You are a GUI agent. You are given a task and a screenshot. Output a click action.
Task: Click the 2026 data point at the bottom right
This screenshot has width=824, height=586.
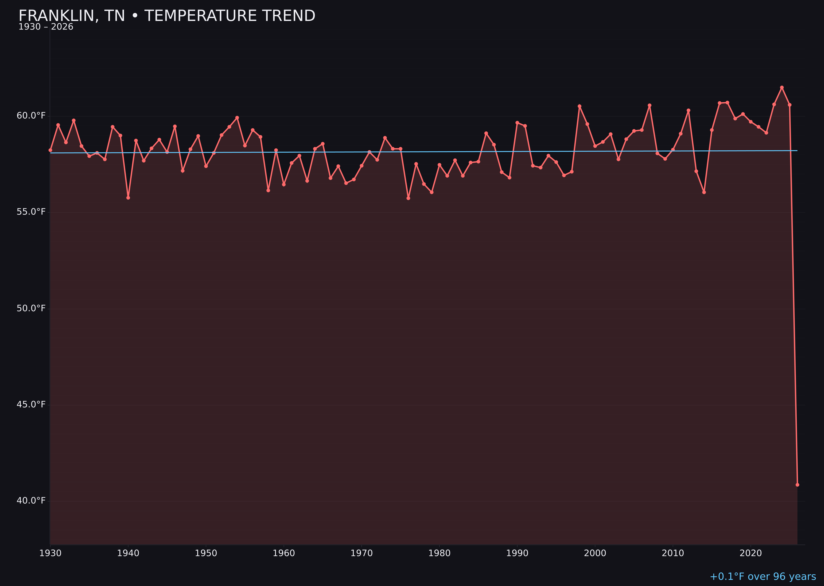tap(797, 485)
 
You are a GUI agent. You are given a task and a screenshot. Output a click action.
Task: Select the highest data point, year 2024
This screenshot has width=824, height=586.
tap(782, 87)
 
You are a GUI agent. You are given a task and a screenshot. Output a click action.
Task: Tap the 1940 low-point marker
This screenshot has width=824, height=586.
tap(128, 198)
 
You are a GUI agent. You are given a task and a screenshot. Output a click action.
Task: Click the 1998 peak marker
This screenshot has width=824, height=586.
tap(579, 106)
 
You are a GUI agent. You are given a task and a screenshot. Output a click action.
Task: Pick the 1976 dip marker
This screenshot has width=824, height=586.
tap(408, 198)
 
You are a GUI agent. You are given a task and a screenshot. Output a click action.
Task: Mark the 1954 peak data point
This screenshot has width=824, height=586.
tap(237, 118)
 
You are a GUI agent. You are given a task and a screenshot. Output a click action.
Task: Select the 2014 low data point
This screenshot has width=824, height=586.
tap(704, 192)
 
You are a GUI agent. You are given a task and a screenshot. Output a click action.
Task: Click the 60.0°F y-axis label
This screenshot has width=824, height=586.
tap(31, 115)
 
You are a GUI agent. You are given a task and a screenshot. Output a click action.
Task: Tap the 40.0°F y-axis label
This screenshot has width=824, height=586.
tap(31, 500)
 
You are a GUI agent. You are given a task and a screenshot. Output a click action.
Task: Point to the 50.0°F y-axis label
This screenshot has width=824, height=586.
tap(31, 308)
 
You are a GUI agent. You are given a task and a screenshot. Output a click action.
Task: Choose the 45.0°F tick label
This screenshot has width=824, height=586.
tap(31, 404)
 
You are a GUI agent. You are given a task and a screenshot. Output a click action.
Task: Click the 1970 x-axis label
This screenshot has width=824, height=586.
tap(362, 553)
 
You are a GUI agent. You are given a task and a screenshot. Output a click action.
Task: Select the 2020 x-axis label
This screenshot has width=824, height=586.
tap(750, 553)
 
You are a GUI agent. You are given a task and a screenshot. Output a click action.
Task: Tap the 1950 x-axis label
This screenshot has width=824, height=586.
tap(206, 553)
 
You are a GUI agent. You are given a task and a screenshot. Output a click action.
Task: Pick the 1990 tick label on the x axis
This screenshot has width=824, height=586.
tap(517, 553)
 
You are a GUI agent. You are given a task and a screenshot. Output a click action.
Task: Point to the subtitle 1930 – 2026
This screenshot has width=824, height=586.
tap(46, 27)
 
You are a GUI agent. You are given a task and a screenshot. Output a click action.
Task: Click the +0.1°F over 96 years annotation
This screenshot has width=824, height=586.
tap(763, 577)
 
